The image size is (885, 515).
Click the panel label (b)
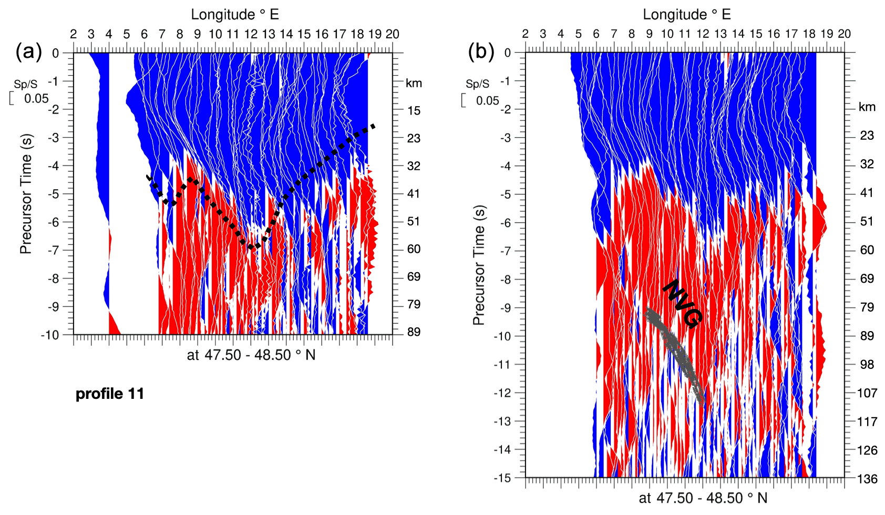click(x=481, y=52)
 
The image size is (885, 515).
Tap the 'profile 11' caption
click(x=110, y=394)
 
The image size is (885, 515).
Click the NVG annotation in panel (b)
click(x=682, y=304)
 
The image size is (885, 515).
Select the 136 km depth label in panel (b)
click(x=867, y=478)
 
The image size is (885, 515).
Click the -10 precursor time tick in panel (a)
click(x=52, y=335)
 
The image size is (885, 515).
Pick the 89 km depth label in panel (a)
click(x=414, y=332)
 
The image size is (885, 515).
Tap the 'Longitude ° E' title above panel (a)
click(x=235, y=14)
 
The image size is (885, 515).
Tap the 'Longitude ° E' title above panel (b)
click(x=687, y=14)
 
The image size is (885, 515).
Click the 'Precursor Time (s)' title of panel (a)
click(x=26, y=194)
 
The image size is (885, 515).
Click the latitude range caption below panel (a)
click(x=251, y=355)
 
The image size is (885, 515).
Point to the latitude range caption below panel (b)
click(x=703, y=498)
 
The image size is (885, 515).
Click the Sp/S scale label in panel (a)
click(x=25, y=85)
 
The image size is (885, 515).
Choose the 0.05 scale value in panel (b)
click(x=487, y=100)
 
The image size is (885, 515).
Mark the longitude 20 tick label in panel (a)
click(x=393, y=34)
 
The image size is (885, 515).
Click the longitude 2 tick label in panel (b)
click(x=525, y=34)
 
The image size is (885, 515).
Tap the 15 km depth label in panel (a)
click(x=414, y=111)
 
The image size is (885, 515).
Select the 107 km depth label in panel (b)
click(x=867, y=393)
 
